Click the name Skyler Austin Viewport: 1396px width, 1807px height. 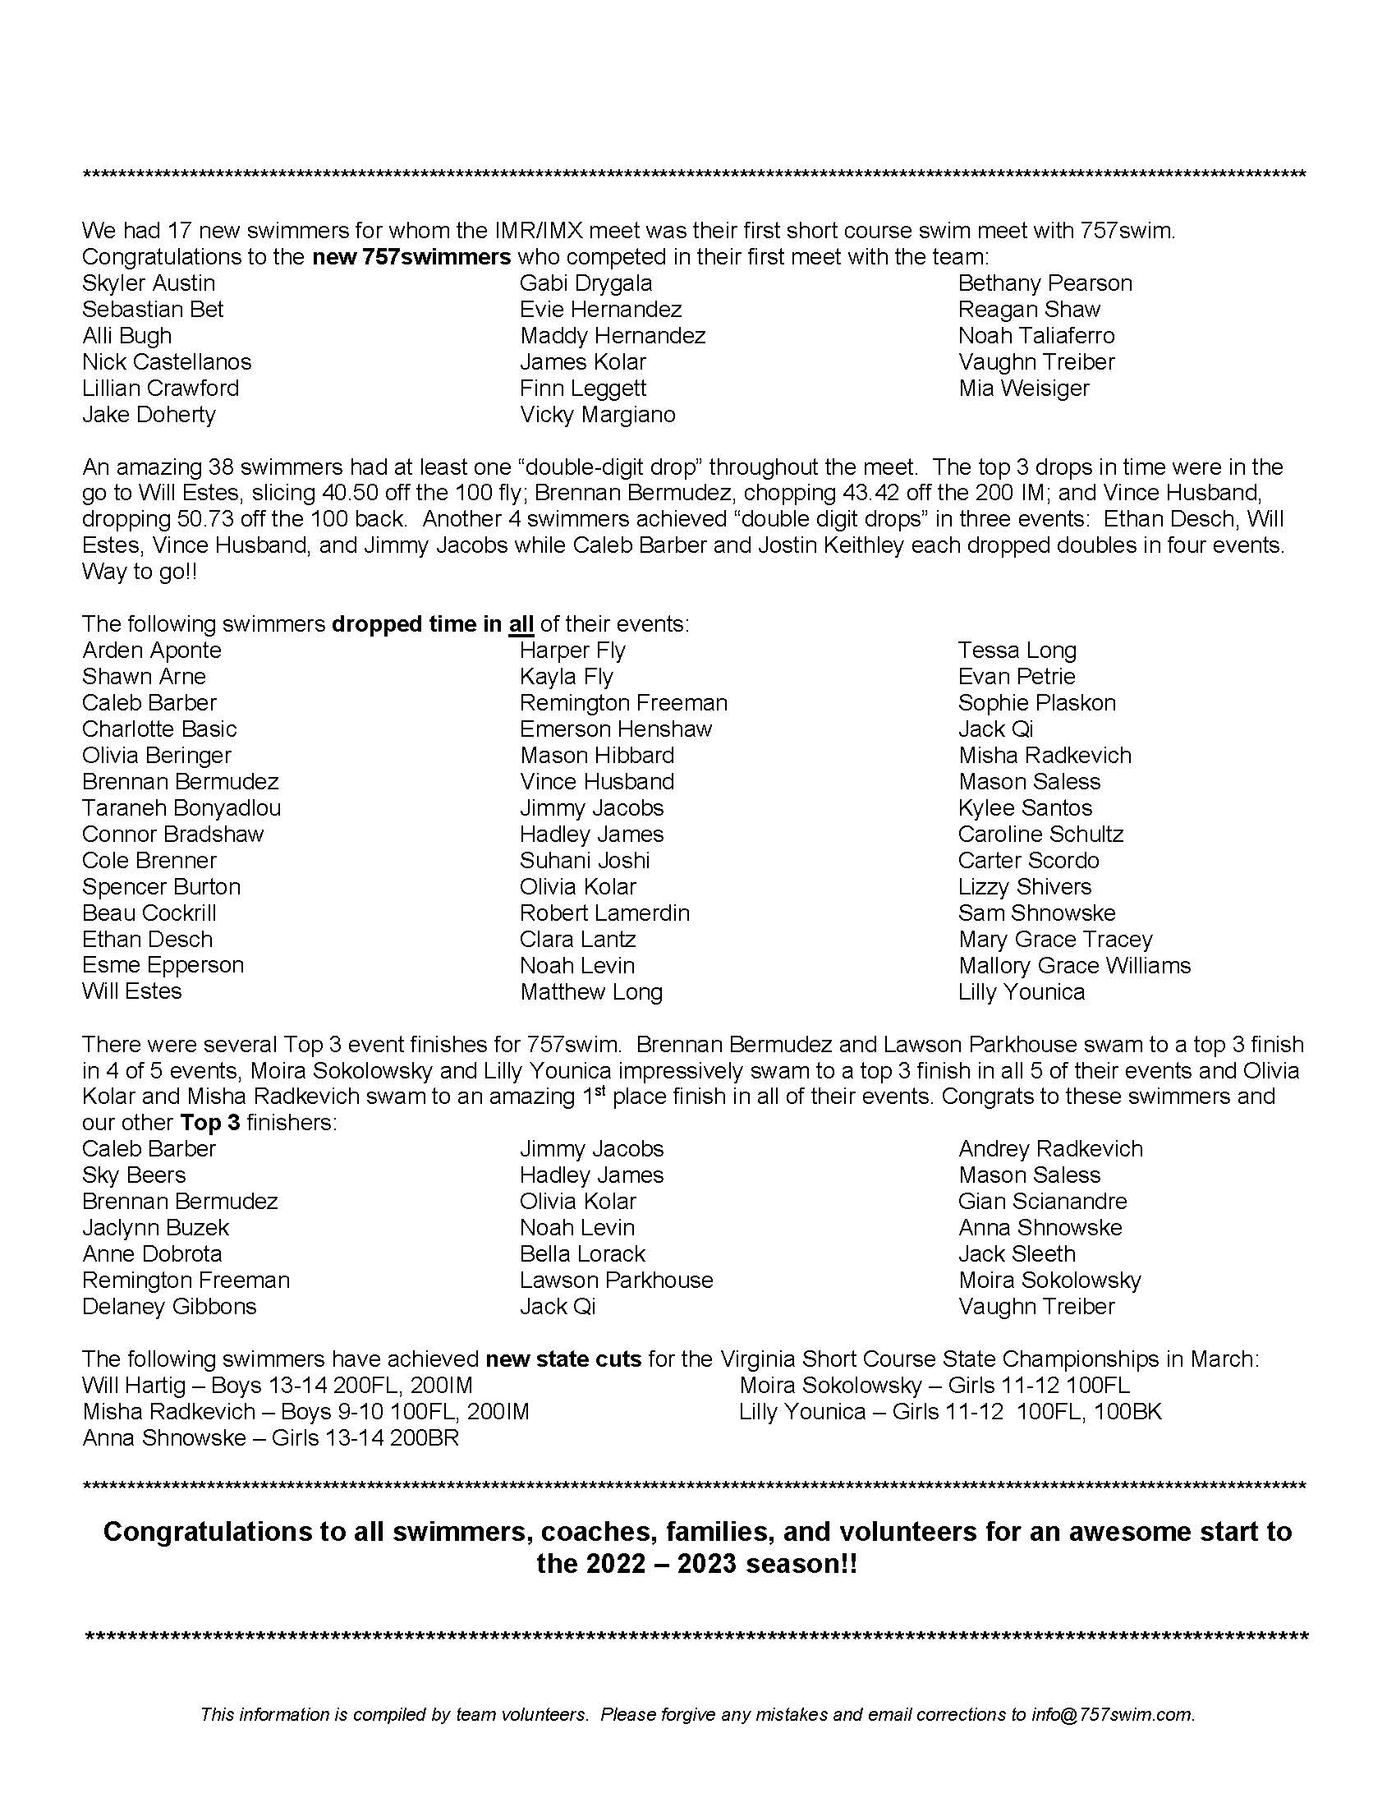click(149, 283)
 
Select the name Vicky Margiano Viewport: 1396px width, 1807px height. click(597, 415)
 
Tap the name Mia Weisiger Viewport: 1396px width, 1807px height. click(1024, 388)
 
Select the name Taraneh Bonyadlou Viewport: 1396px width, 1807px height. click(181, 807)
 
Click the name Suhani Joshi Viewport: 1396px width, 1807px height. click(585, 861)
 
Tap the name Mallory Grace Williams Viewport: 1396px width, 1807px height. click(1074, 966)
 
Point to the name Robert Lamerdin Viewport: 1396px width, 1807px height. click(604, 913)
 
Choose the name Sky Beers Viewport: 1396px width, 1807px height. click(134, 1175)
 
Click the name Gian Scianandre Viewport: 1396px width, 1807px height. click(1042, 1202)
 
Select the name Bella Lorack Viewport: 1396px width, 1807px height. click(582, 1253)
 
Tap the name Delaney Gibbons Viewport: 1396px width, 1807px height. click(169, 1307)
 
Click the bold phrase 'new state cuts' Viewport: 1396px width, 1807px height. click(563, 1359)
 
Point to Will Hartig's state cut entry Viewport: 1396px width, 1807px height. click(278, 1386)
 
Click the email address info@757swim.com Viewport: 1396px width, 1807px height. click(1113, 1715)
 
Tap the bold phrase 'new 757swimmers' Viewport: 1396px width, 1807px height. click(411, 257)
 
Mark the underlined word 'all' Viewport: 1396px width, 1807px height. click(521, 624)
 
